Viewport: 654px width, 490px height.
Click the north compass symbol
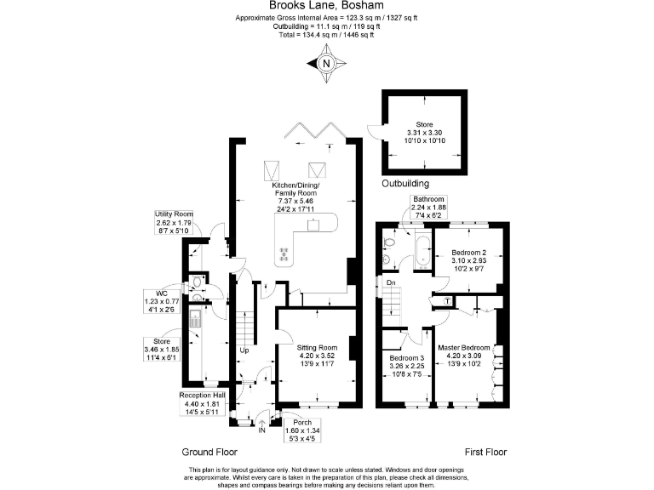pos(327,62)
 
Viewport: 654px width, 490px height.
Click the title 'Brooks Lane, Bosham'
pos(326,5)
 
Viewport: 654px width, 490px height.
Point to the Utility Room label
pos(174,214)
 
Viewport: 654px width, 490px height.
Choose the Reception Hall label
pos(202,396)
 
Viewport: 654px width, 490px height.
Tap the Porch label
pos(302,423)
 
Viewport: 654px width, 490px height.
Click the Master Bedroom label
pos(463,348)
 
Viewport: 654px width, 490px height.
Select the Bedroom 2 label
pos(468,254)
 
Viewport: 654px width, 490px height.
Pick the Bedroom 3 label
pos(406,359)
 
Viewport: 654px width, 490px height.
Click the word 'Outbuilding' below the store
pos(404,184)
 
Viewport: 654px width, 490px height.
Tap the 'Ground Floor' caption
pos(209,453)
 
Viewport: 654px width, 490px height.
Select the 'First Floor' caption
pos(486,453)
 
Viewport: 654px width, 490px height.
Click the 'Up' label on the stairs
pos(244,350)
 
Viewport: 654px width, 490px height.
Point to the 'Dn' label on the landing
pos(390,283)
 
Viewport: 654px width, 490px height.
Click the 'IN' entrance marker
pos(262,431)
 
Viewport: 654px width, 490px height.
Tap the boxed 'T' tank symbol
pos(447,300)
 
